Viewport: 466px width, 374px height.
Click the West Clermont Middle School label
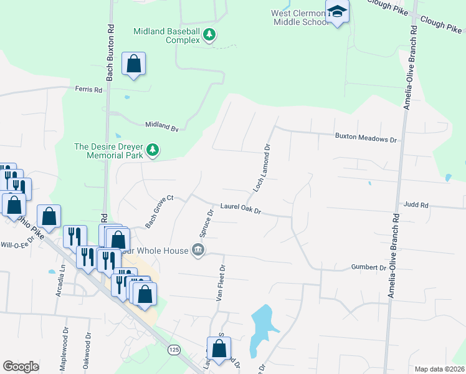[x=299, y=17]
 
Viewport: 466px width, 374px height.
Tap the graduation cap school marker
[x=337, y=12]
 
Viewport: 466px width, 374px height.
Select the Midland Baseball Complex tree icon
[x=211, y=35]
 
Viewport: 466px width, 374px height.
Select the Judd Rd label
[x=416, y=204]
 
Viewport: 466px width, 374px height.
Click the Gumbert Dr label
[x=369, y=267]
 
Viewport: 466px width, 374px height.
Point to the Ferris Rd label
[x=88, y=90]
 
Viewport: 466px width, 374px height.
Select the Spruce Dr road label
[x=207, y=223]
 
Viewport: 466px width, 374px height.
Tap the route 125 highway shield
[x=173, y=351]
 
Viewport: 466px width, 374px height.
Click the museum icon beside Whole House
[x=198, y=251]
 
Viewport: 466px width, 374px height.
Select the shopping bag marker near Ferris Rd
[x=133, y=64]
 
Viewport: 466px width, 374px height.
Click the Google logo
[x=21, y=367]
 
